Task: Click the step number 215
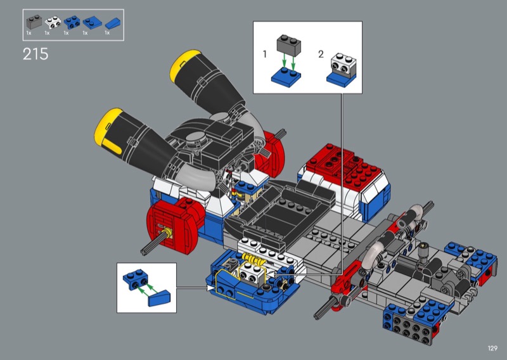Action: pos(35,54)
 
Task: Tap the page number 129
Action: pos(492,348)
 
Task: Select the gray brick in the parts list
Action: pos(34,22)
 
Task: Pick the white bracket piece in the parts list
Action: pos(53,22)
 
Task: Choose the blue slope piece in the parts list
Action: pos(113,23)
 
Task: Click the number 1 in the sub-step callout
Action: pos(265,54)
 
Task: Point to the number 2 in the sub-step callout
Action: pos(321,54)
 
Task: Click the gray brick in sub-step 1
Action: pos(289,46)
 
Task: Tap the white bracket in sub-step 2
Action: pos(343,65)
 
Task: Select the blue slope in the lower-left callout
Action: pos(159,299)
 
